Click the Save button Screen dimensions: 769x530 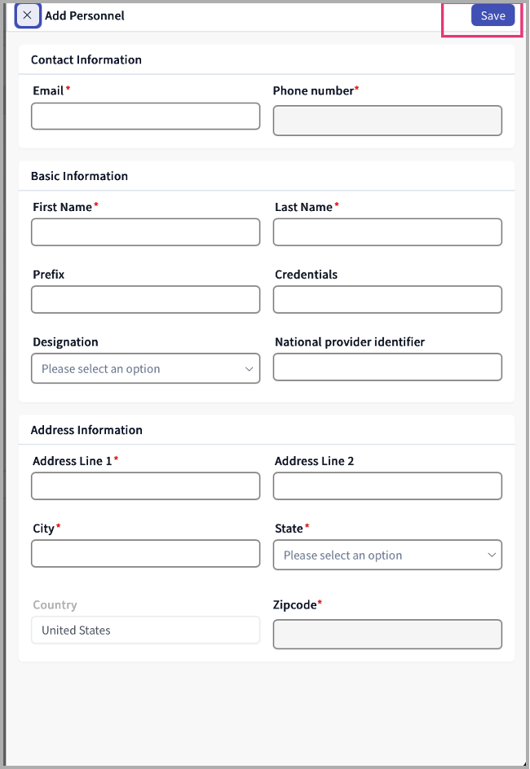tap(492, 16)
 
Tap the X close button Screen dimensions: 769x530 tap(28, 15)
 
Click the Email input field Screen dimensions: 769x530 tap(145, 116)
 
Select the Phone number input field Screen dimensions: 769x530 tap(387, 121)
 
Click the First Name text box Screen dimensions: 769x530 tap(145, 232)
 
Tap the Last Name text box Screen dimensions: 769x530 tap(387, 232)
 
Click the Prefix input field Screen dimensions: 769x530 tap(145, 300)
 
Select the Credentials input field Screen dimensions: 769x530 tap(387, 300)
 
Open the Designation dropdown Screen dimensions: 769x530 tap(145, 368)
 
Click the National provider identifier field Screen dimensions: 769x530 tap(387, 367)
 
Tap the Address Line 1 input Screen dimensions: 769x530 tap(145, 486)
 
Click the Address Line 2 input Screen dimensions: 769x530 tap(387, 486)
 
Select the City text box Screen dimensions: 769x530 tap(145, 554)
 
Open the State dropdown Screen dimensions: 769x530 tap(387, 555)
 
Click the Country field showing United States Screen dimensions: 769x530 tap(145, 630)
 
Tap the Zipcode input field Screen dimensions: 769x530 tap(387, 635)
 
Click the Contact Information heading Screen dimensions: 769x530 tap(86, 59)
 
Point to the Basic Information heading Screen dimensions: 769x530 tap(79, 176)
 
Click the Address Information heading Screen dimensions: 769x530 tap(86, 430)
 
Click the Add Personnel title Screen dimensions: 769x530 tap(85, 15)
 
